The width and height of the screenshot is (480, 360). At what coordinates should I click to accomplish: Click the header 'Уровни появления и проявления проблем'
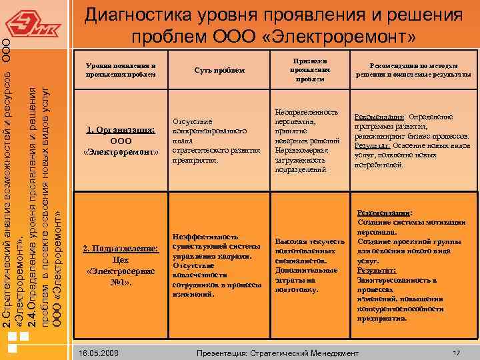pyautogui.click(x=121, y=70)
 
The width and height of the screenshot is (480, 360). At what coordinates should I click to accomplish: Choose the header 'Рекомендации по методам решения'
pyautogui.click(x=413, y=70)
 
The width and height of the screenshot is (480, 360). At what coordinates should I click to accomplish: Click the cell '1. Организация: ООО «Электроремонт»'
pyautogui.click(x=121, y=141)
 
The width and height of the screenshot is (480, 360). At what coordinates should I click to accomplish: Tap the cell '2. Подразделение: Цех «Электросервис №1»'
pyautogui.click(x=121, y=265)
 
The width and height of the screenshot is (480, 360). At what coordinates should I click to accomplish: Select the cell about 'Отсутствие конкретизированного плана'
pyautogui.click(x=216, y=141)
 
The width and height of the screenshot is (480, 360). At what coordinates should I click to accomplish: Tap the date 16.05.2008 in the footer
pyautogui.click(x=97, y=352)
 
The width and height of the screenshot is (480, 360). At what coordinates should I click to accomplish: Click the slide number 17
pyautogui.click(x=456, y=352)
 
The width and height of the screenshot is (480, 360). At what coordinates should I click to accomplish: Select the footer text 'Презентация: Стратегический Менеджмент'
pyautogui.click(x=274, y=352)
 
